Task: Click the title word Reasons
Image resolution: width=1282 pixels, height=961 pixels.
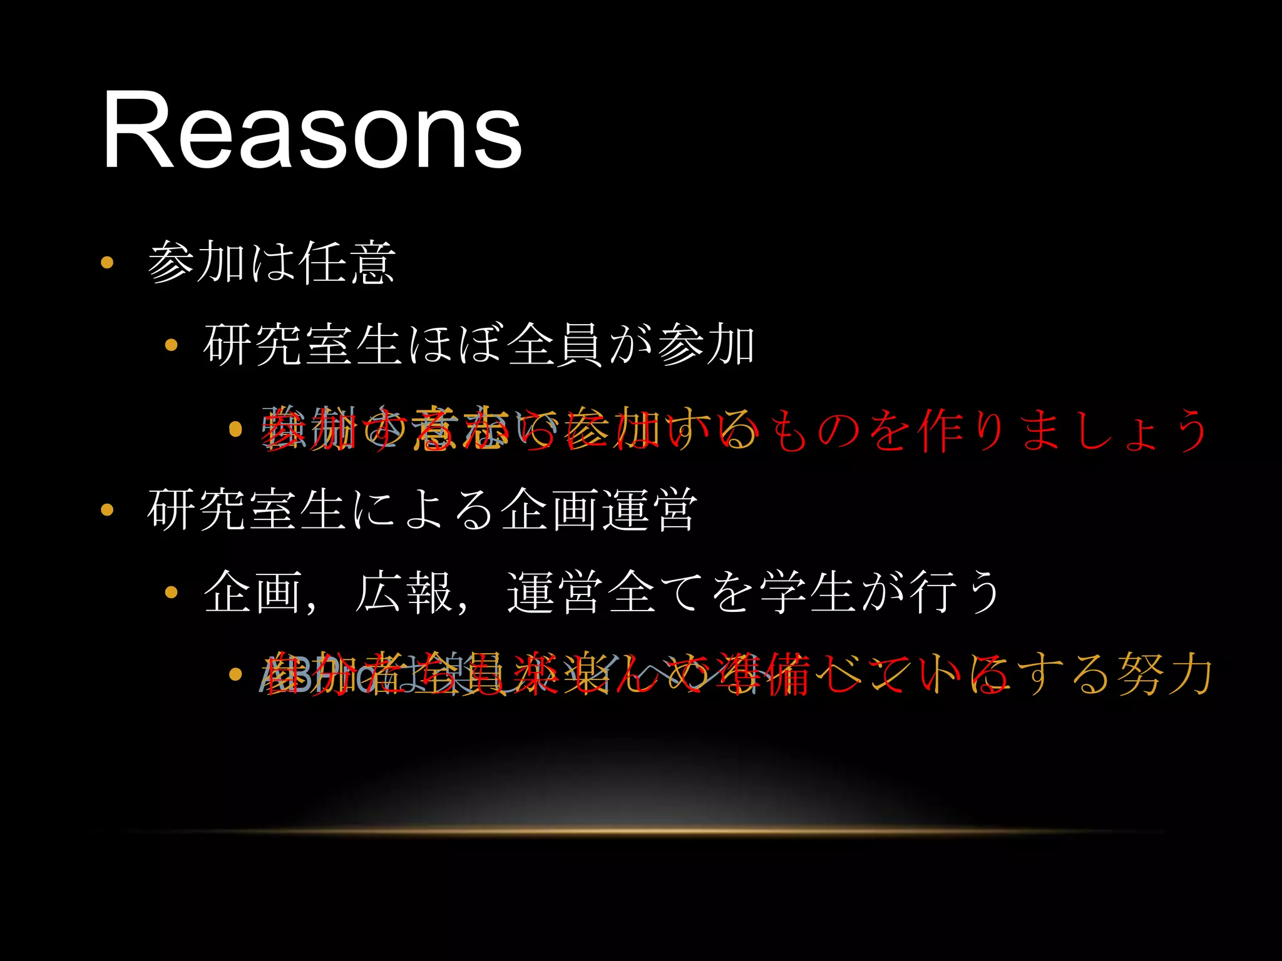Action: (x=312, y=130)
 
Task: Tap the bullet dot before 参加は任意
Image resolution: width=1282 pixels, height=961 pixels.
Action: (x=107, y=262)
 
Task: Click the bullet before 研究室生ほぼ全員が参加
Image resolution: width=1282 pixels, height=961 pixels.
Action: (x=171, y=345)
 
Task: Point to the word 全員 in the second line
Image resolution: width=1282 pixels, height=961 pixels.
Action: (x=555, y=345)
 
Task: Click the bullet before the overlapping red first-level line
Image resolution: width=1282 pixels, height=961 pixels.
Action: (x=235, y=429)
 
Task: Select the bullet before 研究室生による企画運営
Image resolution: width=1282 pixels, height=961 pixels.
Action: (x=107, y=510)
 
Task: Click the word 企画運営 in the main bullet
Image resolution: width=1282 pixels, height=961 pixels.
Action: (x=599, y=510)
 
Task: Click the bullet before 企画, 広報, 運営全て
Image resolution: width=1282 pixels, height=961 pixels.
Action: (x=171, y=592)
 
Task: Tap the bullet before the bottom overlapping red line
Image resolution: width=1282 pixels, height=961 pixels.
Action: (x=235, y=674)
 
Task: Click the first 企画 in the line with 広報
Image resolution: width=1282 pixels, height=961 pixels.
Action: (x=253, y=592)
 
